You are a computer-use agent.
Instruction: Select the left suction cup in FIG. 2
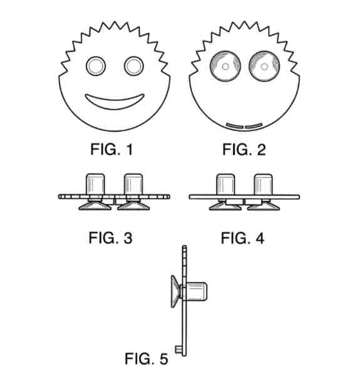coord(225,66)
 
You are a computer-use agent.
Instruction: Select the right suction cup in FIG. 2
coord(264,66)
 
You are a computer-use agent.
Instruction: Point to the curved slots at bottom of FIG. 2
coord(244,126)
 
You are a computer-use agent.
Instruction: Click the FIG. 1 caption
coord(111,150)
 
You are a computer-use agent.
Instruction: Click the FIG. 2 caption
coord(244,150)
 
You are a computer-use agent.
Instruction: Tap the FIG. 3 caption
coord(110,238)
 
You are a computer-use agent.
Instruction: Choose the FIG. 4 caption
coord(242,238)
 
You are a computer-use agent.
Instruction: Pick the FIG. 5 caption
coord(147,358)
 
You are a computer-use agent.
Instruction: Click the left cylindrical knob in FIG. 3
coord(95,184)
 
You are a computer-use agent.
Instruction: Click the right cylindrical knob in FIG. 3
coord(133,184)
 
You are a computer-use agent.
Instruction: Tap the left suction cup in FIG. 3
coord(95,206)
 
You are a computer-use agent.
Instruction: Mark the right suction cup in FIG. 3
coord(133,206)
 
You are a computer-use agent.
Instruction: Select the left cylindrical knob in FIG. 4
coord(225,185)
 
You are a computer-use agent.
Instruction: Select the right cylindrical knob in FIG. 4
coord(263,185)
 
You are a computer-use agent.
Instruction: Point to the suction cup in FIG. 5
coord(175,291)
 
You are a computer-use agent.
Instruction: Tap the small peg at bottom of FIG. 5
coord(178,350)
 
